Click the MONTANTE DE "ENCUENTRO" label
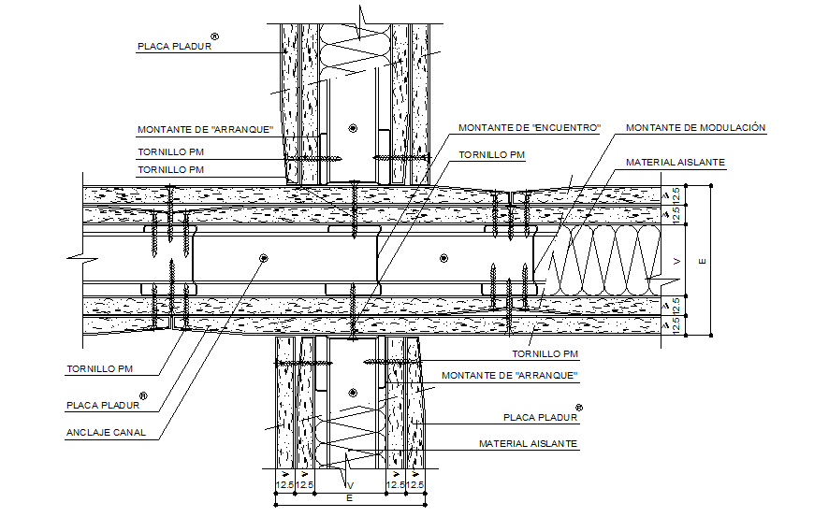click(x=529, y=127)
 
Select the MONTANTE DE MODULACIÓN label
click(x=695, y=127)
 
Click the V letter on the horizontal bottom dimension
click(x=350, y=485)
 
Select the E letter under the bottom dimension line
click(x=349, y=499)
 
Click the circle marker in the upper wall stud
click(x=352, y=128)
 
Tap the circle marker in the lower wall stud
click(x=352, y=393)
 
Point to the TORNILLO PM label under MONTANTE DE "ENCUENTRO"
click(x=485, y=154)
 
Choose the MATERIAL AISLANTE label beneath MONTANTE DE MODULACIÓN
click(x=675, y=163)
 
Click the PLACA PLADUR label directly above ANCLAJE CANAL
click(x=102, y=405)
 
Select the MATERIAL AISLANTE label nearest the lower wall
click(x=528, y=443)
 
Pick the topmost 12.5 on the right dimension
click(x=676, y=194)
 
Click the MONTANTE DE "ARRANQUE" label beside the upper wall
click(x=204, y=130)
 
